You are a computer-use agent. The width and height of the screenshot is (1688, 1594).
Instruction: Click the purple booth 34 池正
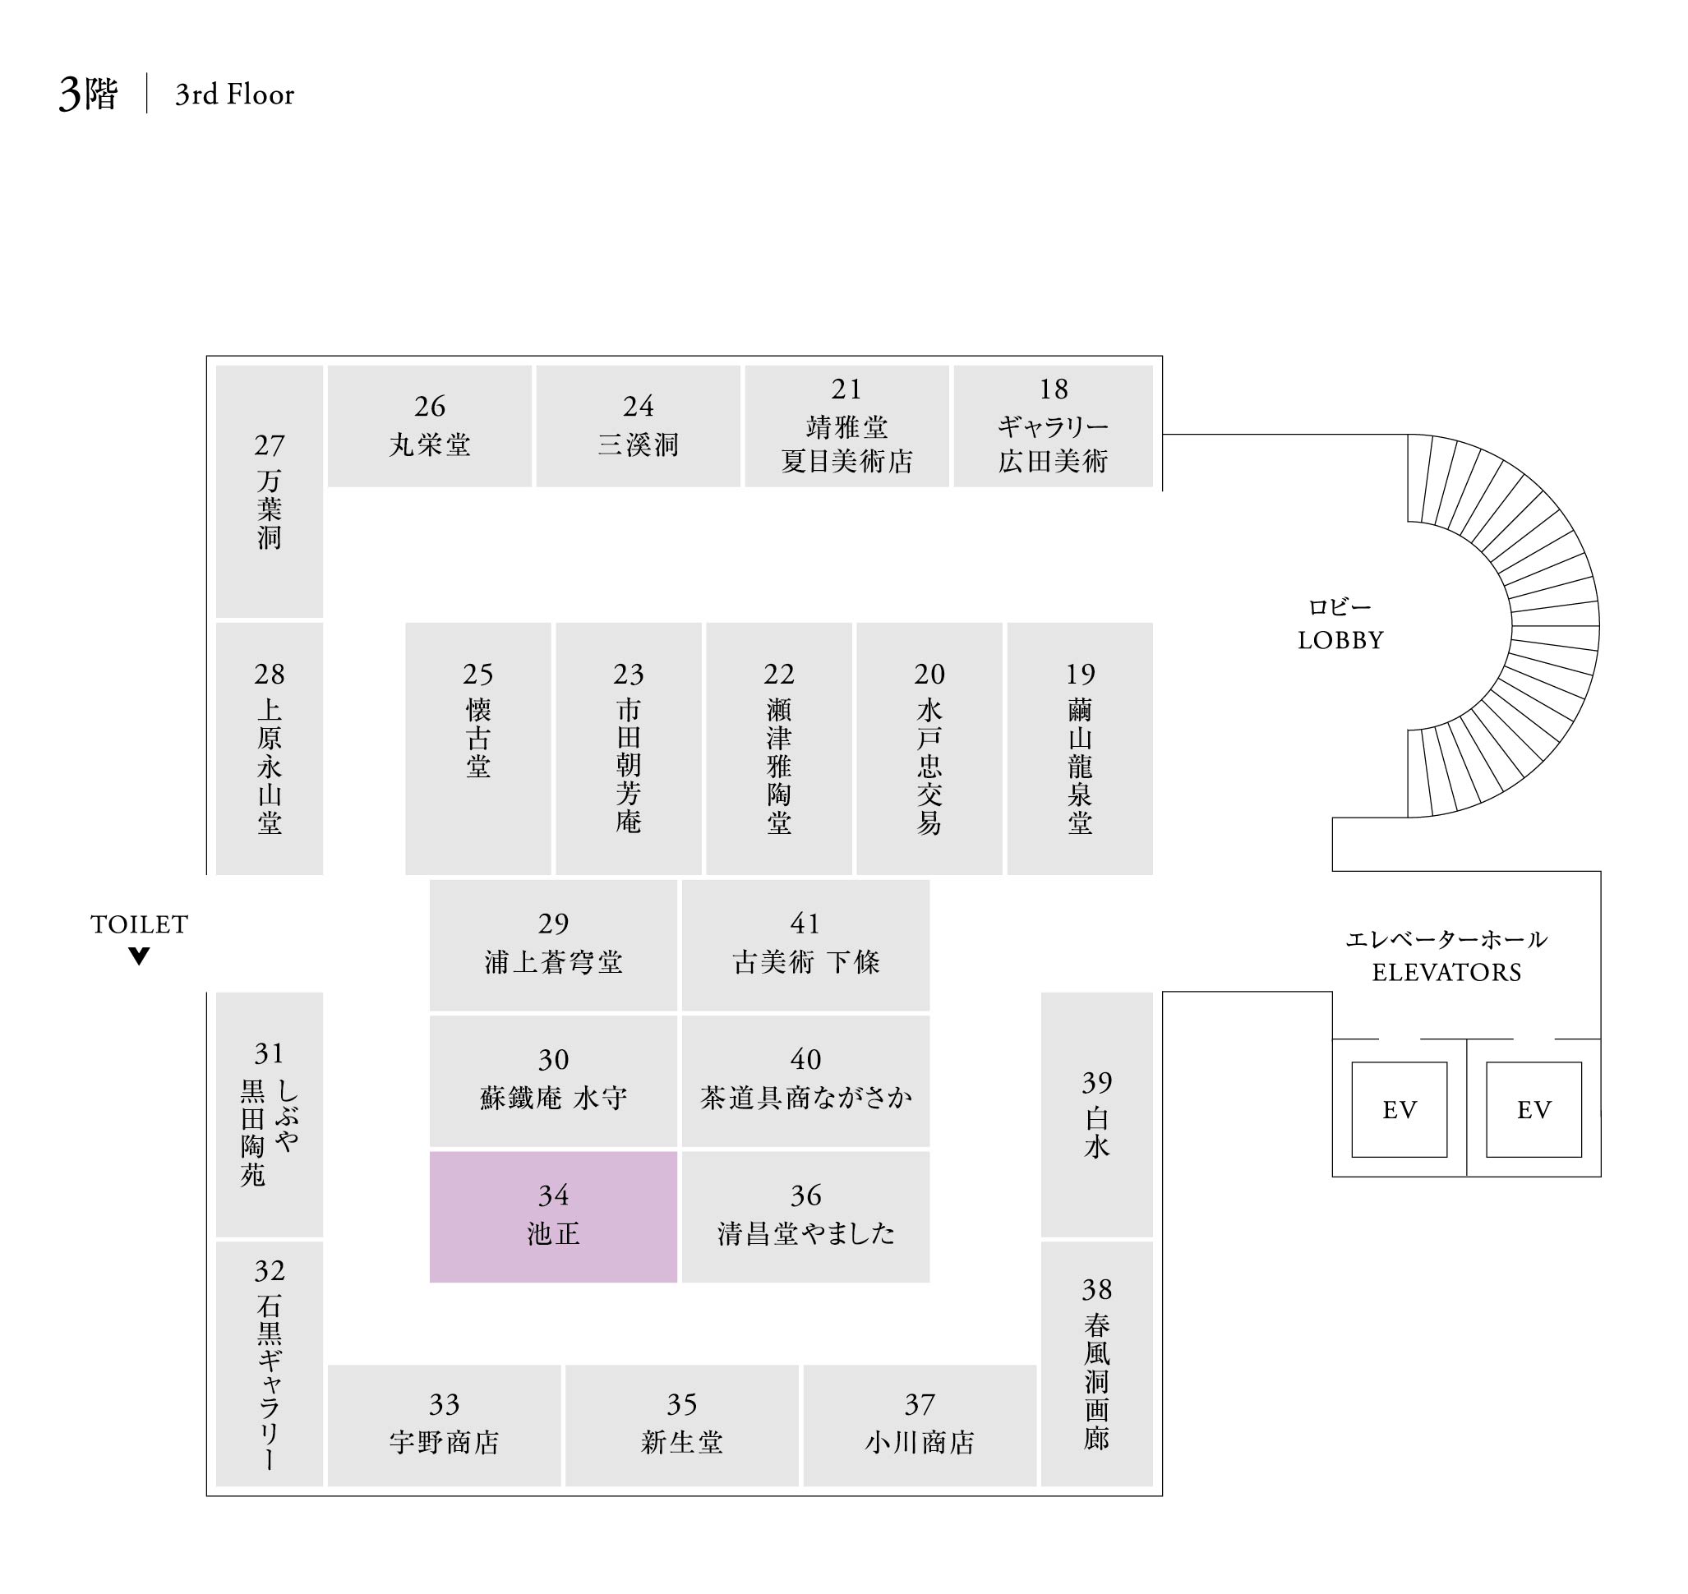click(x=552, y=1216)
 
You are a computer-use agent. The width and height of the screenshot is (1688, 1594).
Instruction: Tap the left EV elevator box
click(x=1398, y=1109)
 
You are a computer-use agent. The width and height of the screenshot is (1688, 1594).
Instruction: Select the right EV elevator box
click(x=1533, y=1109)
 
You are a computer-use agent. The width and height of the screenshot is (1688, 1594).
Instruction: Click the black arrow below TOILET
click(x=140, y=956)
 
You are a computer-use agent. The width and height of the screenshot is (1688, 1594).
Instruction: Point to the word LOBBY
click(x=1340, y=640)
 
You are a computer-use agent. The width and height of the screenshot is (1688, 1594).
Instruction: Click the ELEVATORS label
click(x=1446, y=972)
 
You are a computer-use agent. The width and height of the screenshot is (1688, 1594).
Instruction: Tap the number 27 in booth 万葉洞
click(x=270, y=445)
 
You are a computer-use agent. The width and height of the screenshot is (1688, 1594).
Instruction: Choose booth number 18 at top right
click(x=1053, y=389)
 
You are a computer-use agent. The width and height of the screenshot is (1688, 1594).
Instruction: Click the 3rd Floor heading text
click(x=234, y=94)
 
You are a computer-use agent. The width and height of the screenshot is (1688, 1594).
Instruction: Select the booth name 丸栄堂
click(x=429, y=445)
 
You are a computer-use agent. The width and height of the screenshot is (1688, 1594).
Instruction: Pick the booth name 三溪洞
click(x=638, y=445)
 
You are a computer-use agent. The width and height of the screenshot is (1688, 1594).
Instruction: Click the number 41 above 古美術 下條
click(x=805, y=923)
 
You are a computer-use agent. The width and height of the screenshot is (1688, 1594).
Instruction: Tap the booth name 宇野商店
click(x=444, y=1442)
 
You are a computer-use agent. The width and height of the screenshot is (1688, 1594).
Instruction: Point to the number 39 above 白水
click(x=1096, y=1082)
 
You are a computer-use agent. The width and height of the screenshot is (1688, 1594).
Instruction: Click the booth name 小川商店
click(x=919, y=1442)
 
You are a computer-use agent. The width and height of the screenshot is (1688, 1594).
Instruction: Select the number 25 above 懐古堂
click(x=477, y=675)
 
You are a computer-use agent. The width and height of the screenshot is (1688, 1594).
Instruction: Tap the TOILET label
click(x=140, y=924)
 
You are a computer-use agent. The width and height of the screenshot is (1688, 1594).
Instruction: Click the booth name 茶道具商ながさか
click(x=805, y=1097)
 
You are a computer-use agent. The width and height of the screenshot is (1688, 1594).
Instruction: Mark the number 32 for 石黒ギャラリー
click(x=270, y=1271)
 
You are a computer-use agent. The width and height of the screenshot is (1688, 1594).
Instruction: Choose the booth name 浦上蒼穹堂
click(x=552, y=962)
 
